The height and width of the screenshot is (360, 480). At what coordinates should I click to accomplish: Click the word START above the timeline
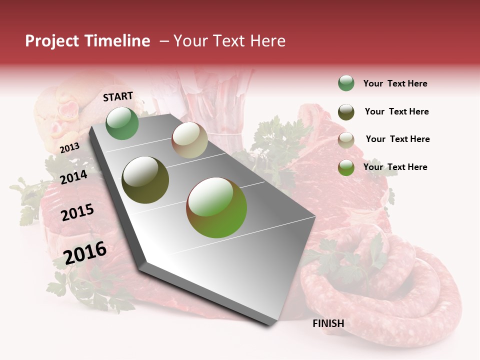pos(118,96)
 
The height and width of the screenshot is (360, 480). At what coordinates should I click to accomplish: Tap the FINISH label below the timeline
pos(328,323)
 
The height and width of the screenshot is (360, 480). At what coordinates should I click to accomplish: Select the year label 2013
pos(69,147)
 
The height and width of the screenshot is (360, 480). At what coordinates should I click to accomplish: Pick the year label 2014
pos(73,177)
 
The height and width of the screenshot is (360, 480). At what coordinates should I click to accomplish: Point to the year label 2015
pos(77,212)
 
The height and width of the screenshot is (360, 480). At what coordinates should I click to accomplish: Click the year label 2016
pos(85,252)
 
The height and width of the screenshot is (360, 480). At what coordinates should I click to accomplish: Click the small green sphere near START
pos(122,123)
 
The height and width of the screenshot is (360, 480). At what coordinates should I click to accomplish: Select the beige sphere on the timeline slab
pos(189,140)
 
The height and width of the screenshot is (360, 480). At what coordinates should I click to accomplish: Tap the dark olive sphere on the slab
pos(145,179)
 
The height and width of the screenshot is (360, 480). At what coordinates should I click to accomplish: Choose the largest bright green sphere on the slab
pos(216,207)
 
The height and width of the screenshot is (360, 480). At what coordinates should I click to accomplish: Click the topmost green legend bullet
pos(346,83)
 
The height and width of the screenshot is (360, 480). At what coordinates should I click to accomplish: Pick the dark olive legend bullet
pos(346,112)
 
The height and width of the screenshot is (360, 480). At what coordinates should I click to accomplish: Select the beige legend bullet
pos(346,140)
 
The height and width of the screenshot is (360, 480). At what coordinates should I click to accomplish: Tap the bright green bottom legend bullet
pos(346,167)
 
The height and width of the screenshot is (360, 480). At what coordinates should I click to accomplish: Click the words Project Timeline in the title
pos(87,41)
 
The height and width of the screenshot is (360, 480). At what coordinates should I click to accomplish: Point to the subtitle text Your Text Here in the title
pos(229,41)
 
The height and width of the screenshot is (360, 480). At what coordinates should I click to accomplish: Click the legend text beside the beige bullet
pos(397,139)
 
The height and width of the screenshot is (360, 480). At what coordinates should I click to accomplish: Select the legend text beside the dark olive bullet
pos(396,111)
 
